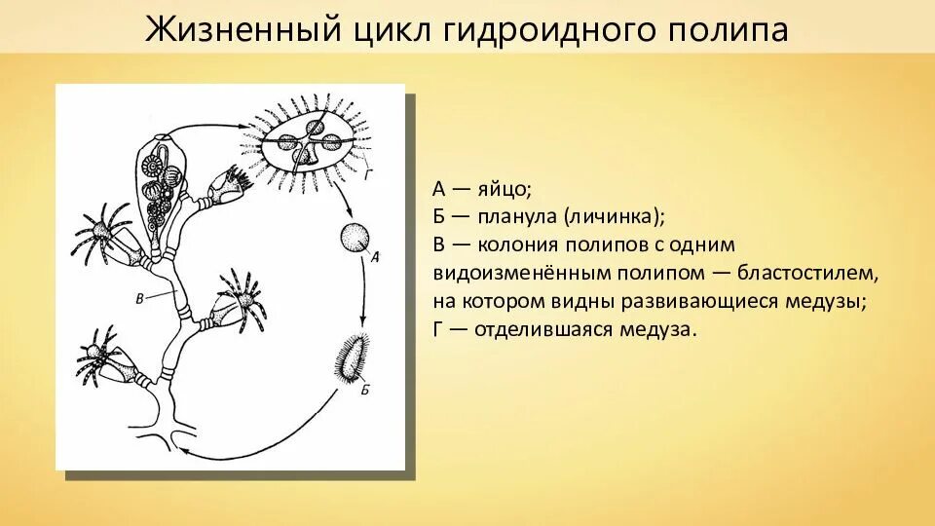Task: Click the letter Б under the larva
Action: click(363, 391)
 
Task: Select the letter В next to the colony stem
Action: click(139, 298)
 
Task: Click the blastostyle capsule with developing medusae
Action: click(160, 185)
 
